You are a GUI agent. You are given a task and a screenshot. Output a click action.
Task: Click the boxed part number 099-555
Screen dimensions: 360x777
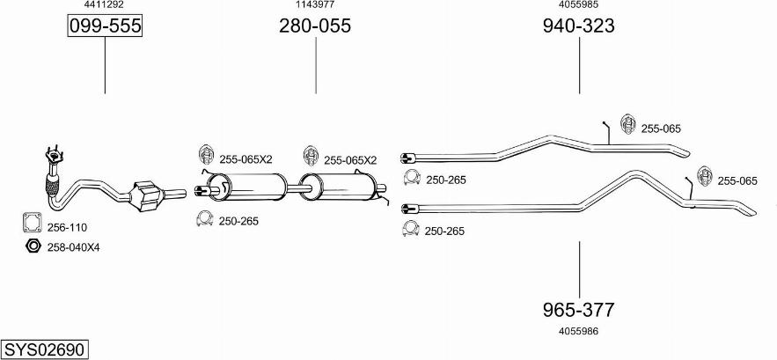pyautogui.click(x=105, y=26)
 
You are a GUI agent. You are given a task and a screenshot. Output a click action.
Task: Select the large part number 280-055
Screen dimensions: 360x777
pyautogui.click(x=315, y=26)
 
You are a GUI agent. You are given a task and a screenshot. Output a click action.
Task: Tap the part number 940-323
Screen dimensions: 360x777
pyautogui.click(x=578, y=26)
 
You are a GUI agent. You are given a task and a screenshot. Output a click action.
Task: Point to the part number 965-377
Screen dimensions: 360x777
pyautogui.click(x=578, y=310)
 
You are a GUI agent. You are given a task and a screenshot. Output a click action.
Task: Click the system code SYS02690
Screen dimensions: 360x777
pyautogui.click(x=44, y=349)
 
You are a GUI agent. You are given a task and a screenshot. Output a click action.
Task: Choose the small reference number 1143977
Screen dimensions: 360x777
pyautogui.click(x=314, y=4)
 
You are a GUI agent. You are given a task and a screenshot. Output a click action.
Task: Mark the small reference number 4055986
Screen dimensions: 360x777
pyautogui.click(x=578, y=332)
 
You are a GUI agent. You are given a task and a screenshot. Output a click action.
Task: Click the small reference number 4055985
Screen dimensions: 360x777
pyautogui.click(x=578, y=4)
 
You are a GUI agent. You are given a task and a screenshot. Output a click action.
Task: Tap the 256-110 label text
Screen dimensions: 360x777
pyautogui.click(x=66, y=226)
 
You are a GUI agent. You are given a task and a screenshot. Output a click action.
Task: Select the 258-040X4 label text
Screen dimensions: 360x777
pyautogui.click(x=74, y=247)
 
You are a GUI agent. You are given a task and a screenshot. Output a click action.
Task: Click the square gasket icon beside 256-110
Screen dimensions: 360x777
pyautogui.click(x=32, y=224)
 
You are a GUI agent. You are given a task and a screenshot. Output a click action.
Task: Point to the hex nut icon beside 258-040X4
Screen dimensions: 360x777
pyautogui.click(x=33, y=246)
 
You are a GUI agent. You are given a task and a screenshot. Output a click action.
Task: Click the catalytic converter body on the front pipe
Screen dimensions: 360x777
pyautogui.click(x=146, y=195)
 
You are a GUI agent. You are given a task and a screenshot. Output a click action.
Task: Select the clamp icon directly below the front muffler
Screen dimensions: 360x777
pyautogui.click(x=204, y=219)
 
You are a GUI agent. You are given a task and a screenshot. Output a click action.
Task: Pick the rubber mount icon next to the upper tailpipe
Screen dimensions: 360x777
pyautogui.click(x=628, y=127)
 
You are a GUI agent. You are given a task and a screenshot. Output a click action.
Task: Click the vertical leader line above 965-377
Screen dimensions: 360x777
pyautogui.click(x=578, y=268)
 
